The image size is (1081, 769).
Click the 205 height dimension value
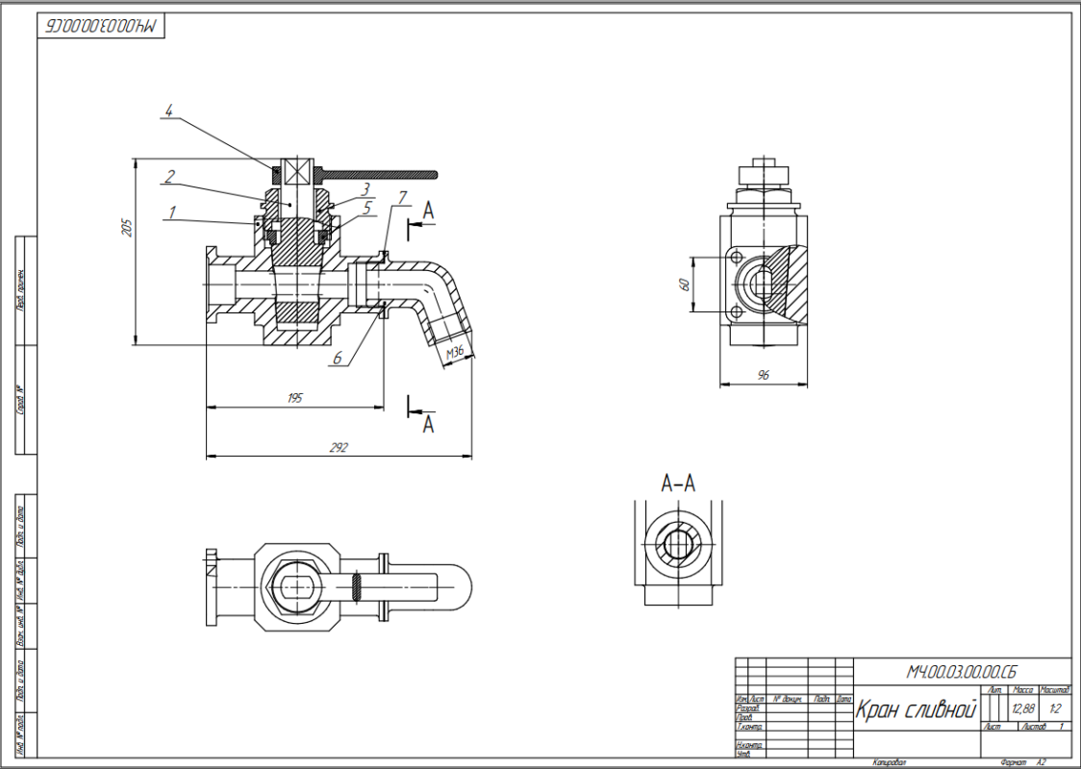[x=126, y=227]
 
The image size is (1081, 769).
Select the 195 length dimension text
[x=295, y=398]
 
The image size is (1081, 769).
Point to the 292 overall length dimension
[x=338, y=447]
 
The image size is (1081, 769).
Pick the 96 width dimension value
[x=764, y=376]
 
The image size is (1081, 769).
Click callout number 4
[x=169, y=112]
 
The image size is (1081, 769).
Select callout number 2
[x=169, y=176]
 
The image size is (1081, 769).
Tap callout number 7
[x=403, y=198]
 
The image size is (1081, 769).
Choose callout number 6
[x=338, y=359]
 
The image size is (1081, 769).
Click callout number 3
[x=365, y=188]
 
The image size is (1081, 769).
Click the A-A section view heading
[x=678, y=484]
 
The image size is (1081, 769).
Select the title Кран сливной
[x=915, y=712]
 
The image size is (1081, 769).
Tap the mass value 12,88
[x=1022, y=709]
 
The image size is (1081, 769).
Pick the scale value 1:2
[x=1055, y=709]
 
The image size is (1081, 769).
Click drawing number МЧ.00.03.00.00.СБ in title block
[x=962, y=670]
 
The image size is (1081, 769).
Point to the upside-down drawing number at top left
[x=101, y=27]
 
